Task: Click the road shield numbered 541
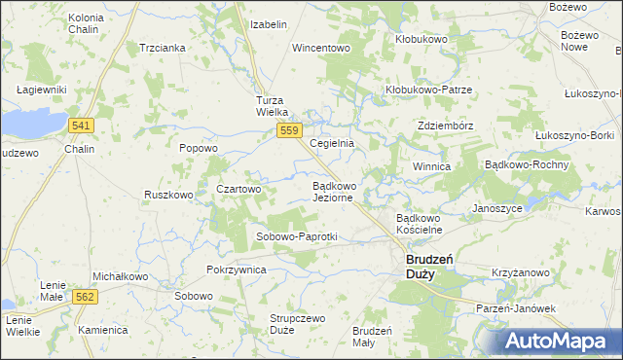pos(82,126)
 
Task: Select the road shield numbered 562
pos(85,297)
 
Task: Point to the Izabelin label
pos(269,23)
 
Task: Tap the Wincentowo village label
pos(320,47)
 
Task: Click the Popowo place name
pos(199,148)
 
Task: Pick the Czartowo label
pos(238,189)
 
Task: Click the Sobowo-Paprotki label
pos(296,236)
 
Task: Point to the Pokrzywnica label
pos(237,270)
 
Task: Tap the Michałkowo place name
pos(120,276)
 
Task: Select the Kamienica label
pos(103,330)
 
